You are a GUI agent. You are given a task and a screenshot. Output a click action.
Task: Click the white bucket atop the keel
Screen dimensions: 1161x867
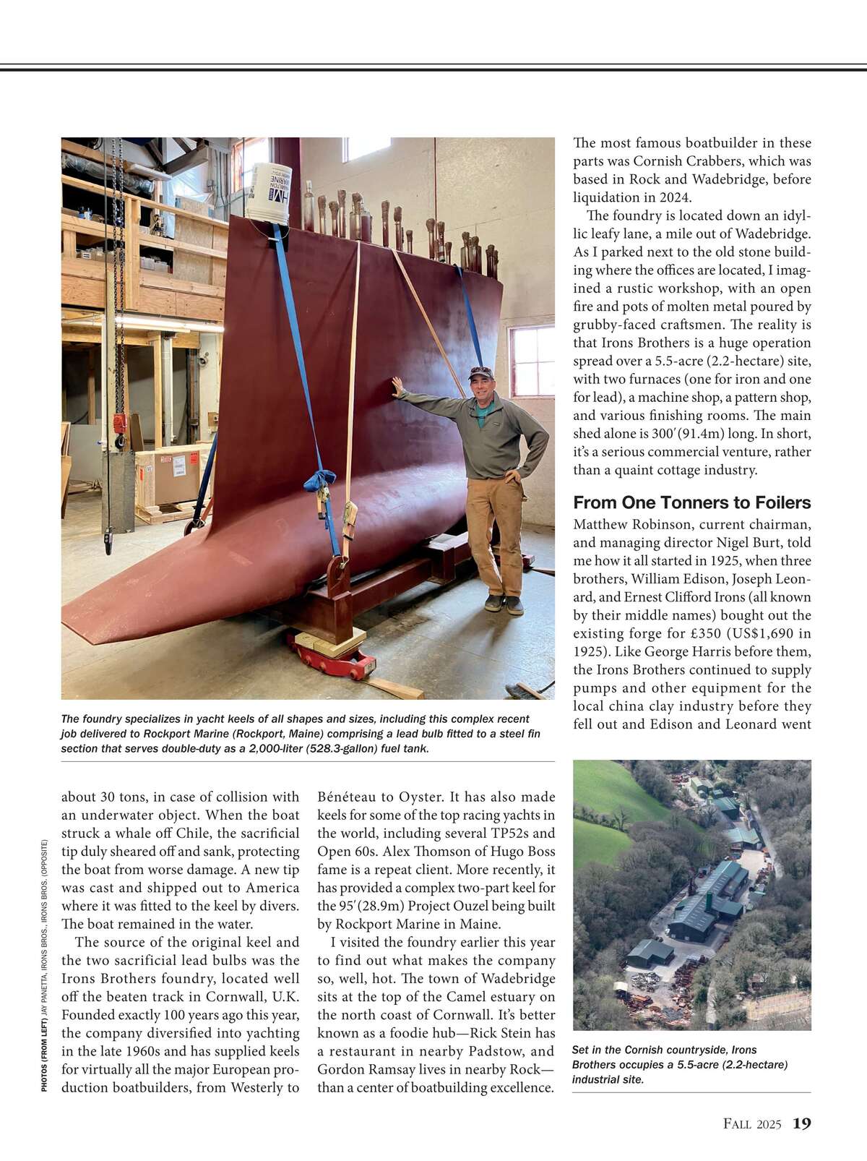[x=269, y=192]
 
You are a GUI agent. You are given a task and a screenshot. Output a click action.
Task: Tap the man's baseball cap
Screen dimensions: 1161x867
[x=480, y=372]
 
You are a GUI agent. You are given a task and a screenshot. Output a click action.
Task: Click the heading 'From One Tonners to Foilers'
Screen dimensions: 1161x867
[x=691, y=502]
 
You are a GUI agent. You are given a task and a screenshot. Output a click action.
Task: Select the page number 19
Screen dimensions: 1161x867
[x=801, y=1123]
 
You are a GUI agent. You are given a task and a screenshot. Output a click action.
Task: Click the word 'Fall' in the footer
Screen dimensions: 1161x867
[x=738, y=1124]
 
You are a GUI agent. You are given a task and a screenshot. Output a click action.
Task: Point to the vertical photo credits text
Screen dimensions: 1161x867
[x=45, y=965]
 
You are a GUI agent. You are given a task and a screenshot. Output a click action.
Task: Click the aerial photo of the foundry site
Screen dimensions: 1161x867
[x=691, y=895]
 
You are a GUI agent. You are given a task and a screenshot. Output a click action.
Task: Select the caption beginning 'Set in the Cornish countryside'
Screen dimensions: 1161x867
[x=679, y=1064]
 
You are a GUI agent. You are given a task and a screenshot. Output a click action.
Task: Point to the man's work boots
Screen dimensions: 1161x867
[x=504, y=604]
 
